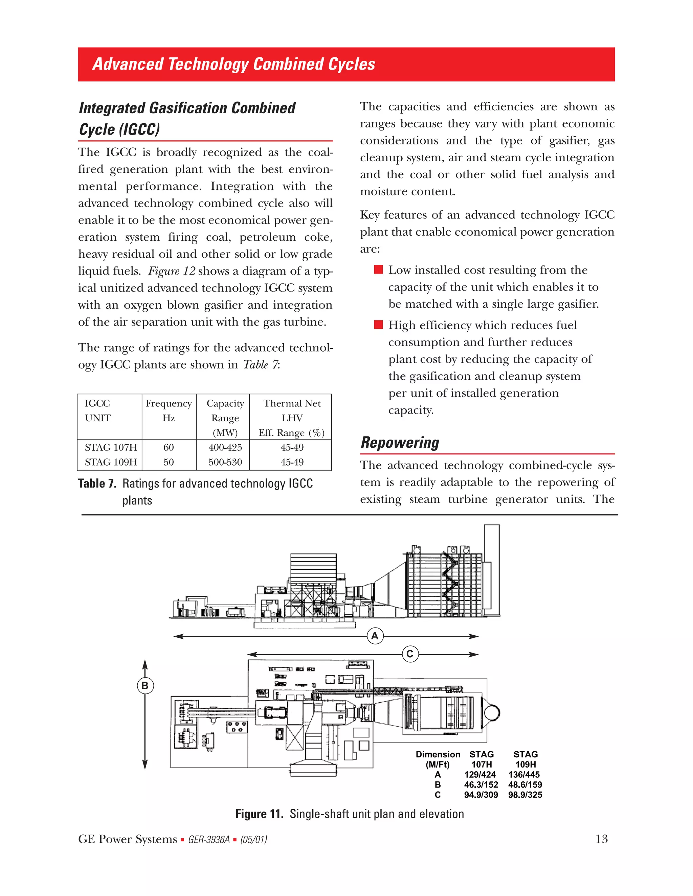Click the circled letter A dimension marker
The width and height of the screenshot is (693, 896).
point(375,636)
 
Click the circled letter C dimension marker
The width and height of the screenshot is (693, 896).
point(410,654)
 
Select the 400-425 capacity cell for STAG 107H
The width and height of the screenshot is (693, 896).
point(225,447)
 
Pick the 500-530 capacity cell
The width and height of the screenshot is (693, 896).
point(225,462)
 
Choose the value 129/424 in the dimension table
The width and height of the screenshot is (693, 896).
point(480,775)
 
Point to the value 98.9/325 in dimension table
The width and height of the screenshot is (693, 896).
point(525,795)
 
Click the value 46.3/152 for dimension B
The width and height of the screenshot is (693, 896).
point(481,784)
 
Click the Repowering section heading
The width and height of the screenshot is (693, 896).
point(400,442)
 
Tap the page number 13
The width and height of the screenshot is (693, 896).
point(601,839)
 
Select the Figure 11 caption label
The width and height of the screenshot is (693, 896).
point(259,814)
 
